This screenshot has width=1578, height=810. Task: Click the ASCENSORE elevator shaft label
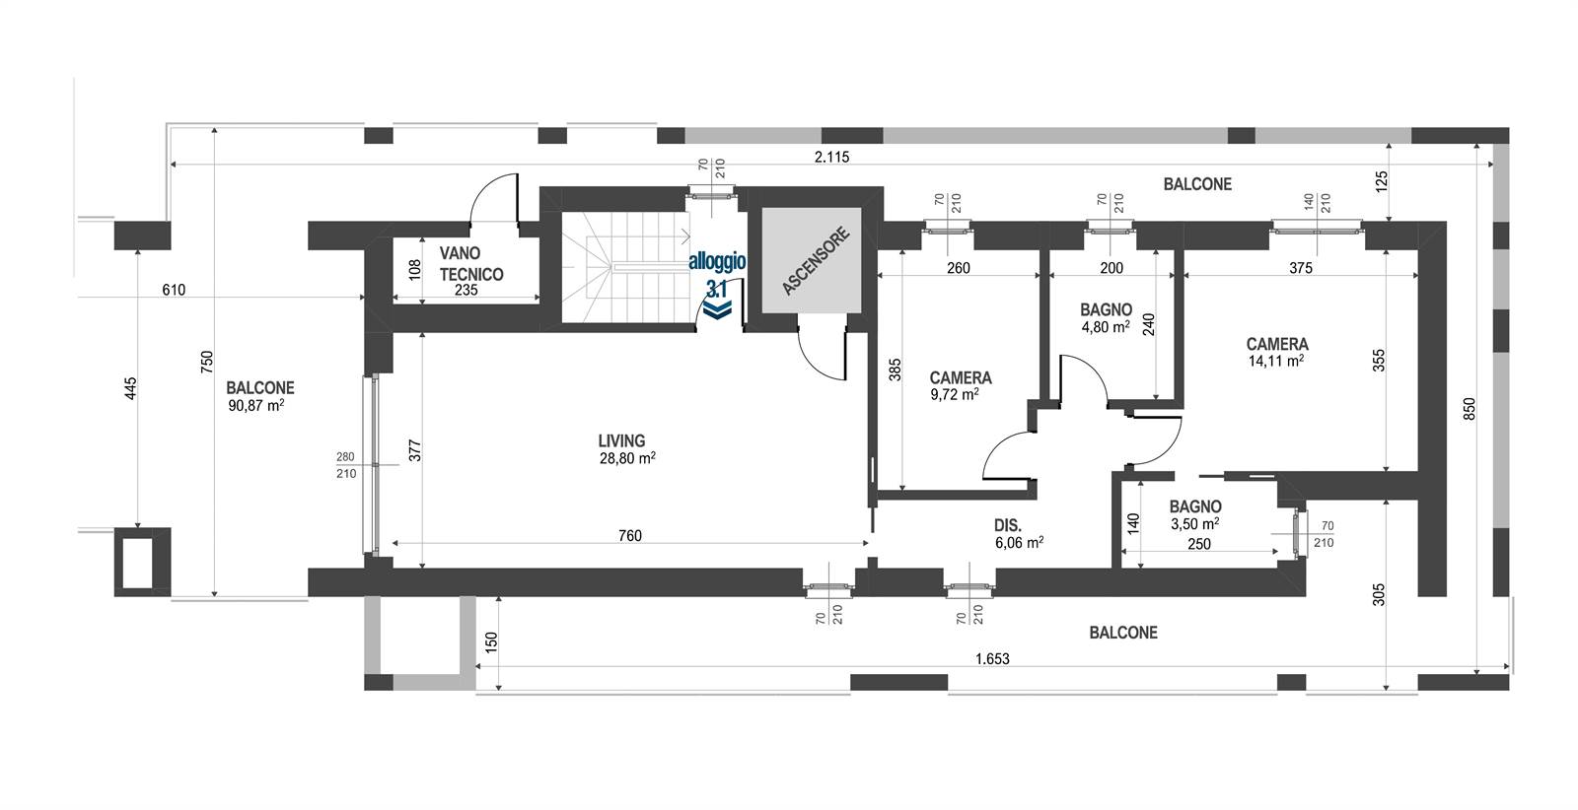click(x=816, y=261)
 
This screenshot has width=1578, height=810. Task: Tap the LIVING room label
click(x=621, y=440)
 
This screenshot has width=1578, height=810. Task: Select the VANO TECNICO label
click(x=471, y=263)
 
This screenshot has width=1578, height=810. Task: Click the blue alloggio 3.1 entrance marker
click(x=717, y=285)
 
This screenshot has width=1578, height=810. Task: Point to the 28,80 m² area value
click(x=627, y=459)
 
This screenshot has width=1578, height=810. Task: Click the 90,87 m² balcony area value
click(x=256, y=405)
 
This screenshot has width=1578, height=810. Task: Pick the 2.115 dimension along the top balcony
click(x=832, y=157)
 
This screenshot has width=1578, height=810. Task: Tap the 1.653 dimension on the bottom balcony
click(x=992, y=658)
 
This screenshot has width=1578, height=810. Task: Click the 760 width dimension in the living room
click(x=630, y=535)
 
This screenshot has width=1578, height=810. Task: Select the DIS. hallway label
click(x=1008, y=525)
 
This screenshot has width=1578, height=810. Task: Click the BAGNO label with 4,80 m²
click(x=1106, y=309)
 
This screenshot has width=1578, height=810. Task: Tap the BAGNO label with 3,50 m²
click(x=1195, y=506)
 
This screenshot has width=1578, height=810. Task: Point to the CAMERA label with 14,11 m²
click(x=1277, y=344)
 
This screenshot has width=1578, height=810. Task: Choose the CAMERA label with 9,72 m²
click(x=961, y=378)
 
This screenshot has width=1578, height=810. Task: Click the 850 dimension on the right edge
click(x=1469, y=409)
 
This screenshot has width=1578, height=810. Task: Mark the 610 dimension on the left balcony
click(x=174, y=290)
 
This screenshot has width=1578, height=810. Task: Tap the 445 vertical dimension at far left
click(x=130, y=389)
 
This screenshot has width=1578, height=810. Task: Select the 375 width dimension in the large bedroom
click(x=1301, y=268)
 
